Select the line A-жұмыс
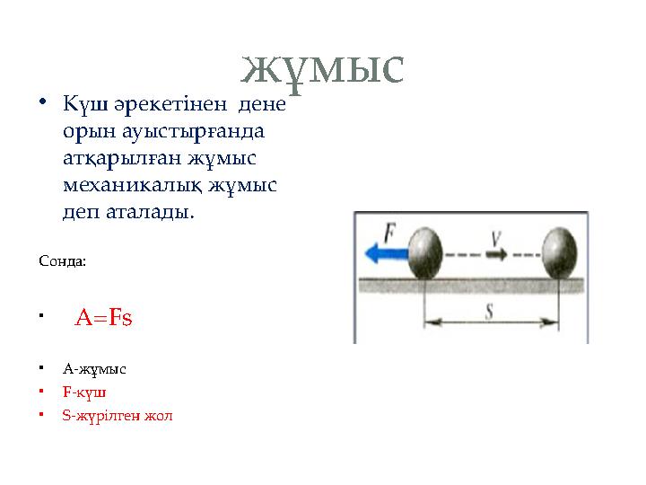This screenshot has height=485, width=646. point(94,368)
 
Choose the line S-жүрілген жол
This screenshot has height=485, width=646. point(118,416)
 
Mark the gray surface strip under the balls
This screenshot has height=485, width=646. point(471,286)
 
